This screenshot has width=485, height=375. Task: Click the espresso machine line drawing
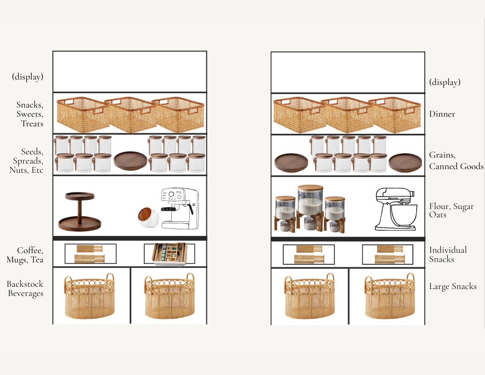point(180,208)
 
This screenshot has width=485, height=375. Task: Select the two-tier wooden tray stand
point(79,212)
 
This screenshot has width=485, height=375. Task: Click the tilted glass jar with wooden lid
point(148,217)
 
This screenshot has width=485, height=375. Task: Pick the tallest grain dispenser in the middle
point(310,208)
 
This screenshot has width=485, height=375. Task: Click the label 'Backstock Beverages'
point(25,289)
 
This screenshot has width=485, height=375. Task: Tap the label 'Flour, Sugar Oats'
point(451,210)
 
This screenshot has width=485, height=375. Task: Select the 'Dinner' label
point(442,114)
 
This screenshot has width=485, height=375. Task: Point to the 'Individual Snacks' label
point(448,254)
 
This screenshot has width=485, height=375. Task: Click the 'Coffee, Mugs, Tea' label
point(25,255)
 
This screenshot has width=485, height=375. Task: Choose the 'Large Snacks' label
point(453,286)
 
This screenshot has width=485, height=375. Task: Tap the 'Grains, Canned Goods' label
point(456,160)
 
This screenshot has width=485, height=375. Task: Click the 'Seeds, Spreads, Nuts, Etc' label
point(27,160)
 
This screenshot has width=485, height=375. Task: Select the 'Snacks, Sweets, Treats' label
point(30,114)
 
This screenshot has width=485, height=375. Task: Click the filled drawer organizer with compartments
point(169,254)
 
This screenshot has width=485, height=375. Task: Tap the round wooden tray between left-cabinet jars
point(130,160)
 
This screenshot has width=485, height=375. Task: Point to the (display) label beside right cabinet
point(445,82)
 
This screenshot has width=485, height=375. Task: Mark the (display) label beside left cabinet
point(28,77)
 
